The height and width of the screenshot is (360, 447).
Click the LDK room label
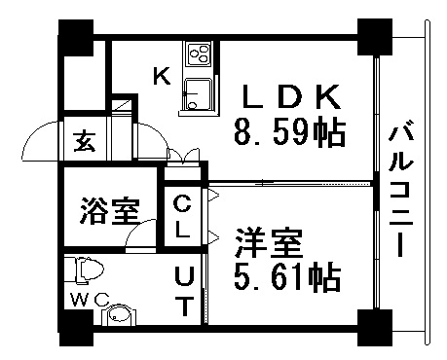291,97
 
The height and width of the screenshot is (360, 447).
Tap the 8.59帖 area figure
289,133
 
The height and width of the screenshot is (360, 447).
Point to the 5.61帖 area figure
286,278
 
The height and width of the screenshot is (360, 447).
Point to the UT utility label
183,290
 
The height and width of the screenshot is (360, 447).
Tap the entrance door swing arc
39,141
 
